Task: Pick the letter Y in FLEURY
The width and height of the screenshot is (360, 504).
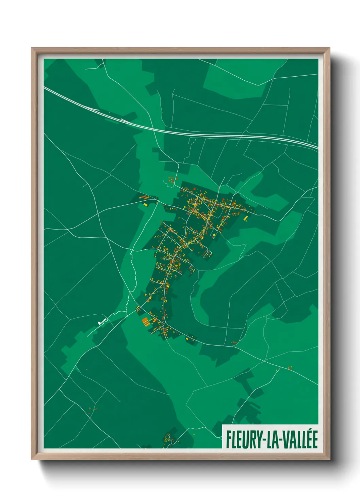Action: pos(257,440)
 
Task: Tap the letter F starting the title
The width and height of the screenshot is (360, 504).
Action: pos(228,440)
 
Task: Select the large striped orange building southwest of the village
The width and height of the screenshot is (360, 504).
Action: pos(146,321)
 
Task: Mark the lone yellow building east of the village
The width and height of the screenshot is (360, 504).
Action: pos(245,218)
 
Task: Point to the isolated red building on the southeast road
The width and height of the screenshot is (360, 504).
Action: pos(234,342)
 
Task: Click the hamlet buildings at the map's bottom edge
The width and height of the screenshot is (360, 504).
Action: pos(168,439)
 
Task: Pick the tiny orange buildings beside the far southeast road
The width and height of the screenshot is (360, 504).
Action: pos(290,367)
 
